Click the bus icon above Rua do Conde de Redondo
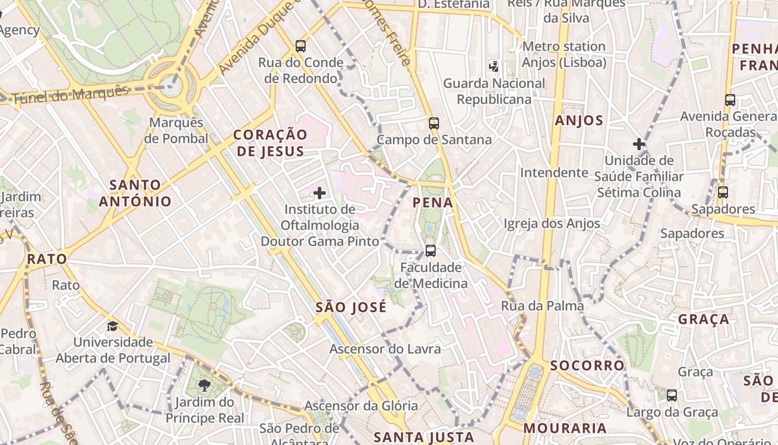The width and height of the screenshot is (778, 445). pos(301,46)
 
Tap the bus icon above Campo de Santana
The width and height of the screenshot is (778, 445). pos(434,123)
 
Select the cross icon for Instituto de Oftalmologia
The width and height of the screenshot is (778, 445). pos(320,193)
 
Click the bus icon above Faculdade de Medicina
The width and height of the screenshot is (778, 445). pos(431,250)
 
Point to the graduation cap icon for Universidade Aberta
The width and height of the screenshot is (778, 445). pos(113,326)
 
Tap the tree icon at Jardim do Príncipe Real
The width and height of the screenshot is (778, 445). pos(205,385)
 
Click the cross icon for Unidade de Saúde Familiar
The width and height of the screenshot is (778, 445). pos(639,144)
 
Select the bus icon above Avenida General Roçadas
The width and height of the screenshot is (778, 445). pos(730,100)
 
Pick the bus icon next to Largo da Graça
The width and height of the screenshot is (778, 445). pos(672,395)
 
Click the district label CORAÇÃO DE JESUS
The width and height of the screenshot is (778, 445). pos(270,143)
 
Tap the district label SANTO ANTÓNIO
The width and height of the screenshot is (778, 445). pos(135,193)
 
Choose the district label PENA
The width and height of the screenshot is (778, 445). pos(433,203)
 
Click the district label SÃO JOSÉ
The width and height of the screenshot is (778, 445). pos(351,307)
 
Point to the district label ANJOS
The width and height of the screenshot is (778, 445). pos(579,120)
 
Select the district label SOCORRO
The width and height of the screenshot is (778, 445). pos(587,365)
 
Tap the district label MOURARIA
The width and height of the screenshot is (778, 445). pos(565,428)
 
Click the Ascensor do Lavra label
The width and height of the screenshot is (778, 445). pos(385,349)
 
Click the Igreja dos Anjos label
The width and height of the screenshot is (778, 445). pos(552,224)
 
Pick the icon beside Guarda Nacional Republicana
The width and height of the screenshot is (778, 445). pos(493,67)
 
